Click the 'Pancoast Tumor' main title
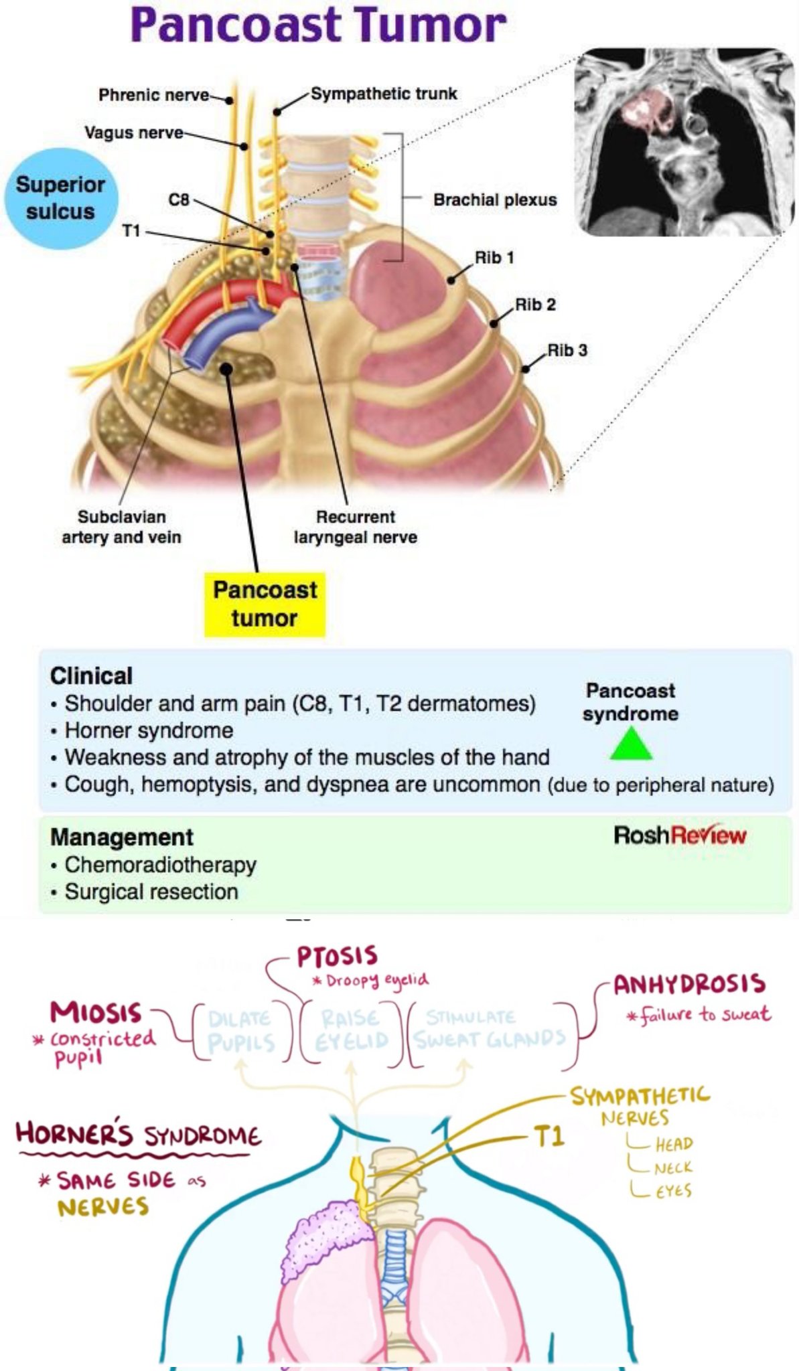pyautogui.click(x=318, y=25)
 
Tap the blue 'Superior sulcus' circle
pyautogui.click(x=60, y=198)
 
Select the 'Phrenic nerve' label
pyautogui.click(x=154, y=95)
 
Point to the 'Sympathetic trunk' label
pyautogui.click(x=384, y=94)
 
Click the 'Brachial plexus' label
pyautogui.click(x=494, y=200)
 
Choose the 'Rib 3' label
pyautogui.click(x=567, y=350)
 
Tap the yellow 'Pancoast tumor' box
pyautogui.click(x=265, y=604)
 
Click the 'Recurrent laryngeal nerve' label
pyautogui.click(x=355, y=527)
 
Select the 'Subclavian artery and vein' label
pyautogui.click(x=121, y=527)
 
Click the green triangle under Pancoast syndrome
pyautogui.click(x=631, y=745)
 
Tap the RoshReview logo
pyautogui.click(x=679, y=835)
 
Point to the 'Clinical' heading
pyautogui.click(x=91, y=676)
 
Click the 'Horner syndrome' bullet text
pyautogui.click(x=149, y=730)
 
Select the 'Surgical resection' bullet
pyautogui.click(x=151, y=892)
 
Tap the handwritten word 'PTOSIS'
pyautogui.click(x=337, y=957)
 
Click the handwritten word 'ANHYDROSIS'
pyautogui.click(x=689, y=984)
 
